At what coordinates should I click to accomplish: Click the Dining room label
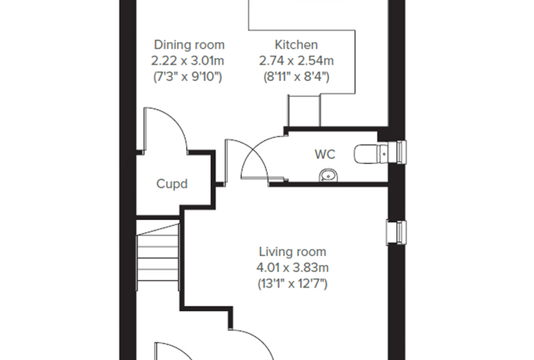(x=189, y=45)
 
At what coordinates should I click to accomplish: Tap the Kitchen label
(x=297, y=45)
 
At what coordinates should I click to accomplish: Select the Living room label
(x=292, y=252)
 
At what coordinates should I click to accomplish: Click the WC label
(x=325, y=154)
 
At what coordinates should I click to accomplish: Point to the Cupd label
(x=171, y=184)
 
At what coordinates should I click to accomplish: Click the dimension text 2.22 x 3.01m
(x=188, y=60)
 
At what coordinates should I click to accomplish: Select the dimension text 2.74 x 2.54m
(x=297, y=60)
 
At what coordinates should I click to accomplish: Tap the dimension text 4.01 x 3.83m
(x=292, y=268)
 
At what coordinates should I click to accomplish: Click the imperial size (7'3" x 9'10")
(x=188, y=77)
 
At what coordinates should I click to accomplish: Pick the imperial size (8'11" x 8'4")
(x=297, y=77)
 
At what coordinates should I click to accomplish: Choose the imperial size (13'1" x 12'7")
(x=292, y=283)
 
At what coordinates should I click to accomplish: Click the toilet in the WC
(x=371, y=154)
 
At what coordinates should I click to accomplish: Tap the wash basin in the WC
(x=329, y=176)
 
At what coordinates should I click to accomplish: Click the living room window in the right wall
(x=396, y=233)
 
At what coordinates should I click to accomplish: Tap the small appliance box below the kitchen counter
(x=304, y=110)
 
